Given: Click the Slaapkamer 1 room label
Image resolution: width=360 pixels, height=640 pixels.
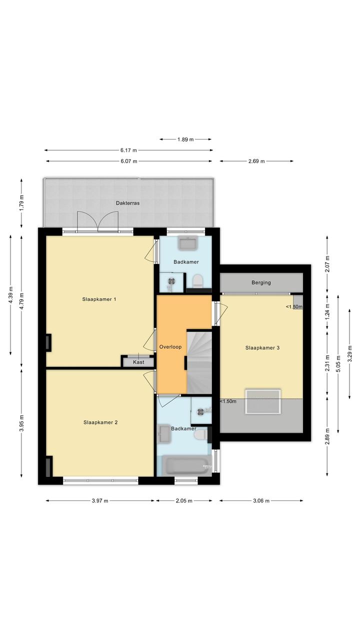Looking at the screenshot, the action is pyautogui.click(x=99, y=299).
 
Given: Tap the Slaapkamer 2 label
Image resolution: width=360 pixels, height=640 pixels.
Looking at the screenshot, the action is pyautogui.click(x=100, y=422).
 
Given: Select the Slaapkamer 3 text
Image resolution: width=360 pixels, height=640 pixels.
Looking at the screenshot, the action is pyautogui.click(x=262, y=348).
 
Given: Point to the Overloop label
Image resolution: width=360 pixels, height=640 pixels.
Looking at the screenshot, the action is pyautogui.click(x=170, y=347).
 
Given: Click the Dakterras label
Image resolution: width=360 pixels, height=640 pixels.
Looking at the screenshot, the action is pyautogui.click(x=127, y=203).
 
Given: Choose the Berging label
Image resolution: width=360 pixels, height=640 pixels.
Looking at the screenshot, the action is pyautogui.click(x=261, y=283).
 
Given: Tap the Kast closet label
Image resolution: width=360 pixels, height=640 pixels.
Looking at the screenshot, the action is pyautogui.click(x=138, y=362).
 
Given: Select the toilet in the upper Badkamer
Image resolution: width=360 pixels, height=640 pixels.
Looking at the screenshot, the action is pyautogui.click(x=197, y=280).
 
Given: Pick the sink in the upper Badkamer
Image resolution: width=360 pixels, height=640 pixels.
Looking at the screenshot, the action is pyautogui.click(x=187, y=243).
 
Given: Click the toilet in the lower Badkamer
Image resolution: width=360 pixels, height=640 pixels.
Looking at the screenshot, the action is pyautogui.click(x=200, y=435).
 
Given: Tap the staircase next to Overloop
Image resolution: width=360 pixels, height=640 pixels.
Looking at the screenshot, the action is pyautogui.click(x=199, y=362).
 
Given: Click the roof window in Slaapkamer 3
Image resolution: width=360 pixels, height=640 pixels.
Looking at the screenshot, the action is pyautogui.click(x=263, y=401).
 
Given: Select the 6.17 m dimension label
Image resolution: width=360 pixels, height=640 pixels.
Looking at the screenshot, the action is pyautogui.click(x=128, y=150).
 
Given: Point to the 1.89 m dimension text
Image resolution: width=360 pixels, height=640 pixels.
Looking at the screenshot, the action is pyautogui.click(x=185, y=140).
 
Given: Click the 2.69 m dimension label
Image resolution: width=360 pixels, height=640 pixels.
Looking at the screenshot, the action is pyautogui.click(x=256, y=161).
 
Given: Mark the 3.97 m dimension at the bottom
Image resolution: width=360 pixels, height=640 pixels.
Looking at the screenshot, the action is pyautogui.click(x=100, y=500).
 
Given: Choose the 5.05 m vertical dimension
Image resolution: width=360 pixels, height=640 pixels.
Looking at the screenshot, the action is pyautogui.click(x=338, y=364).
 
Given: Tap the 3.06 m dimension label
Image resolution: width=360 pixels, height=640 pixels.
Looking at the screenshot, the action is pyautogui.click(x=261, y=500).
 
